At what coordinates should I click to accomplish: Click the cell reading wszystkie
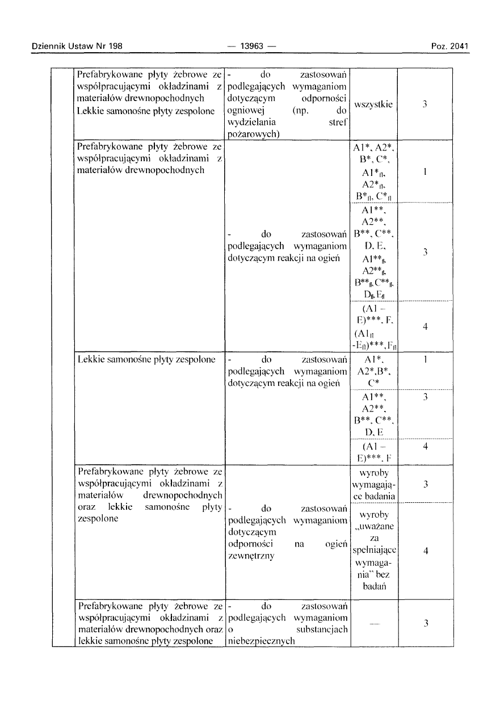pos(373,105)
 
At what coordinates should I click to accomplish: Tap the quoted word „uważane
pos(374,526)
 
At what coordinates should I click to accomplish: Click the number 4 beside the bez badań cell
pos(425,549)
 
